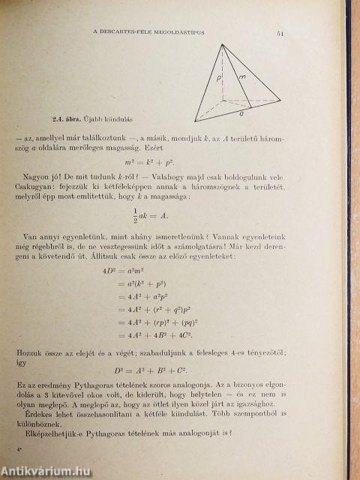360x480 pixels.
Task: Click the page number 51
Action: pos(279,34)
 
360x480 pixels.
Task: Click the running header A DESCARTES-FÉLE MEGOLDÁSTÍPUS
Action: pos(153,31)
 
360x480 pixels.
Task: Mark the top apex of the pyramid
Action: pos(223,44)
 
